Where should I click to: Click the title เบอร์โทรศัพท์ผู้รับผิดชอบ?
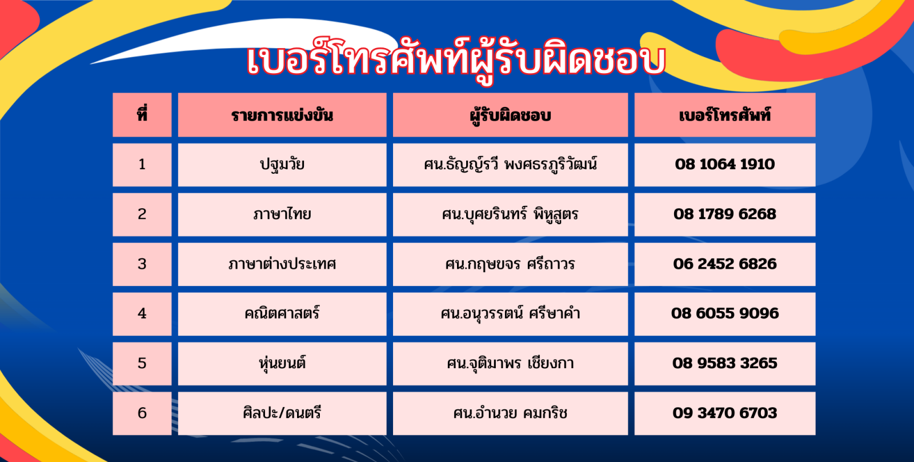(456, 61)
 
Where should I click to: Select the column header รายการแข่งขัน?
(282, 115)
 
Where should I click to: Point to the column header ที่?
(142, 114)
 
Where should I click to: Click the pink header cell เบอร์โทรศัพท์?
(725, 115)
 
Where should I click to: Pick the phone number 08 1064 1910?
(725, 164)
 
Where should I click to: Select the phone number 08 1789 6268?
(725, 214)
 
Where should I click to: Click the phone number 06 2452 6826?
(725, 264)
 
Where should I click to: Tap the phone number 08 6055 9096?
(725, 313)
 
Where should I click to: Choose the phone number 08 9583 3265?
(725, 363)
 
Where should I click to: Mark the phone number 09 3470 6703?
(725, 413)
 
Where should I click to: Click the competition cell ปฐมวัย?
(282, 165)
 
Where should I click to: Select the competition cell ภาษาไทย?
(282, 214)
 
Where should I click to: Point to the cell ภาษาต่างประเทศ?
(282, 264)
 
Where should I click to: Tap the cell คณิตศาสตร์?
(282, 314)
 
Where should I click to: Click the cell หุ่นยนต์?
(282, 364)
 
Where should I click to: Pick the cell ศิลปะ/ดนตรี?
(282, 413)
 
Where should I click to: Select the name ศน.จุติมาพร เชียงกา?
(510, 363)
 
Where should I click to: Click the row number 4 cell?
(142, 314)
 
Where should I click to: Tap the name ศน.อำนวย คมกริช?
(510, 413)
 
